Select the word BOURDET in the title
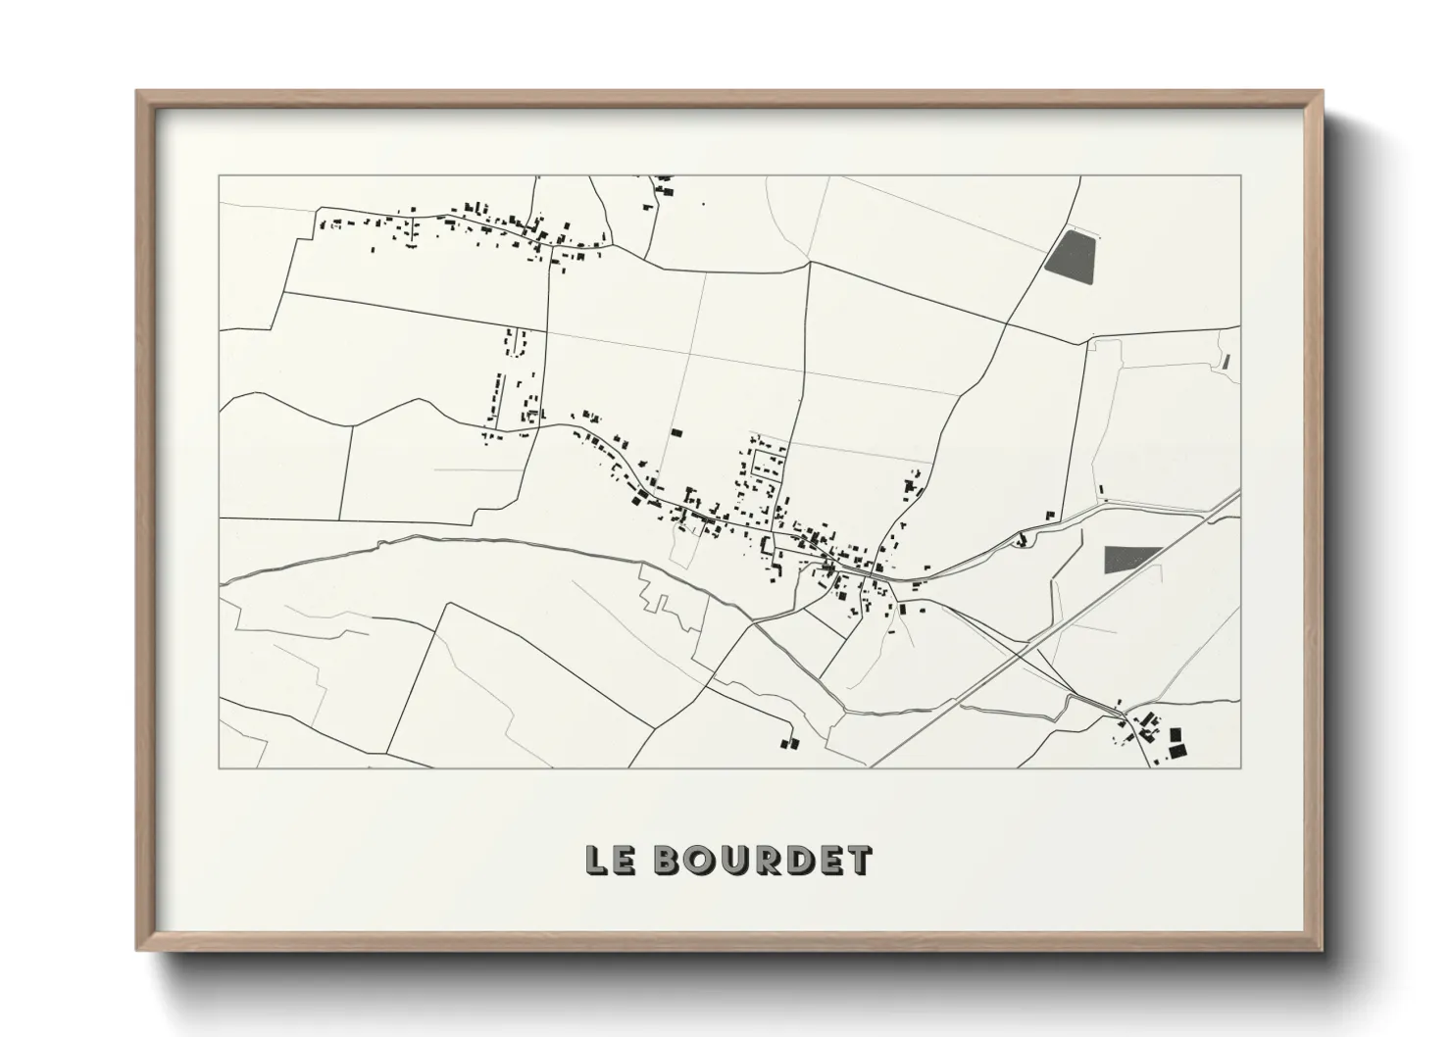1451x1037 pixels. [761, 860]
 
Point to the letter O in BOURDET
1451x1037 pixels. [700, 860]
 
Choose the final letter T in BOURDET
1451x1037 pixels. [858, 860]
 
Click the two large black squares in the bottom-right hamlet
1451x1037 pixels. [1176, 741]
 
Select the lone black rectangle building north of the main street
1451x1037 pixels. [675, 431]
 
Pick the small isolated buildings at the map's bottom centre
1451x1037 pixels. [789, 743]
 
